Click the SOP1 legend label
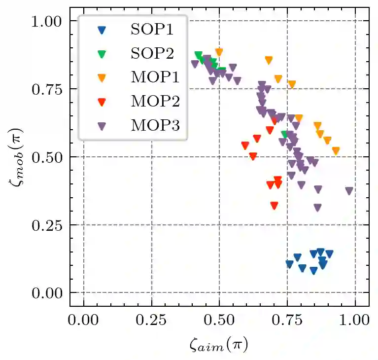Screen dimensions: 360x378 coord(152,29)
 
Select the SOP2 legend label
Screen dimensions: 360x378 coord(152,53)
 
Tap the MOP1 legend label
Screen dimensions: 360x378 coord(152,77)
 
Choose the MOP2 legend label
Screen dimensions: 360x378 coord(152,102)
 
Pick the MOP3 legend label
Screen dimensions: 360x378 coord(152,126)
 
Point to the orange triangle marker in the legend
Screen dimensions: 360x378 coord(102,78)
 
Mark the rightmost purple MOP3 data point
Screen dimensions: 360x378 coord(349,191)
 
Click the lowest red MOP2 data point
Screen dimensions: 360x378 coord(274,205)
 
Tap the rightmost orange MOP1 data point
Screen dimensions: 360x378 coord(336,151)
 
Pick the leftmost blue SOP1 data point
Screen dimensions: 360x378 coord(289,264)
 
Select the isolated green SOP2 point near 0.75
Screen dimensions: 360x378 coord(284,134)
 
